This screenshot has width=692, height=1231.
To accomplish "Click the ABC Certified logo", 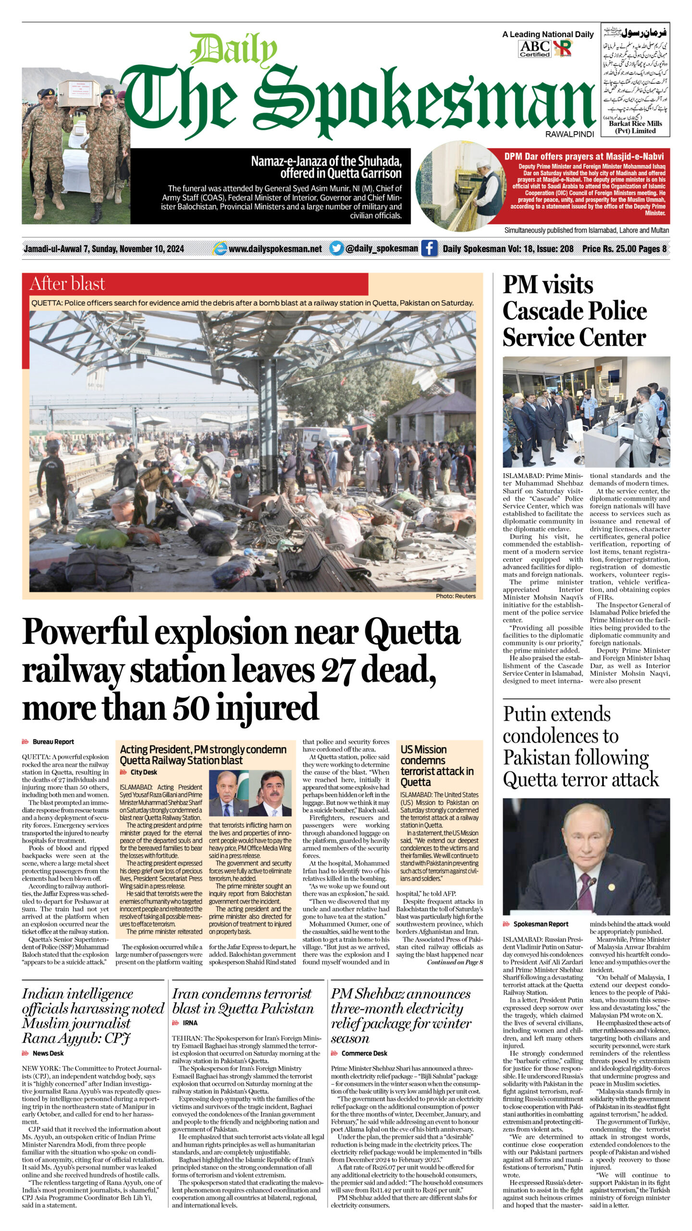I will pos(535,49).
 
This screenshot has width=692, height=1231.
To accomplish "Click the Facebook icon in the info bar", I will pos(429,249).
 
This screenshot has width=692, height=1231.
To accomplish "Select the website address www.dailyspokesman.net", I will pos(275,249).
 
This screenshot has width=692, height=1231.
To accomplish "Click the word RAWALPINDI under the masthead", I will pos(569,134).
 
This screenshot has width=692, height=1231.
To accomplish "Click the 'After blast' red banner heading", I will pos(67,284).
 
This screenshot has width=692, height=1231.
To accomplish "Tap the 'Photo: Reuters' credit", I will pos(456,596).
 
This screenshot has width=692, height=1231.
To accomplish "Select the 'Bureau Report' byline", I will pos(53,742).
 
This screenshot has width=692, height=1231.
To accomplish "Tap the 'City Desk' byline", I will pos(144,772).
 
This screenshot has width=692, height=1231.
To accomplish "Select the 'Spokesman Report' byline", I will pos(541,924).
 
